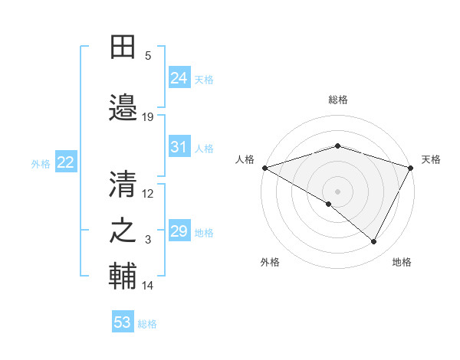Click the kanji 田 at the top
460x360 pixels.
tap(123, 47)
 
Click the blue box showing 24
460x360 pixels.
tap(179, 77)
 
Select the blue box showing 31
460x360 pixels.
tap(179, 147)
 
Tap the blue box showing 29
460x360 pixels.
tap(179, 231)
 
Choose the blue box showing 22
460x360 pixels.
tap(66, 162)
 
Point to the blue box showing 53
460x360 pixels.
tap(123, 322)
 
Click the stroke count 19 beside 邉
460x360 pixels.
tap(148, 116)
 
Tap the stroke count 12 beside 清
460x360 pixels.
tap(148, 193)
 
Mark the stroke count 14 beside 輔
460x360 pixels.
tap(148, 286)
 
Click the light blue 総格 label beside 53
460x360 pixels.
tap(147, 324)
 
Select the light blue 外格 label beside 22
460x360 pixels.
tap(41, 163)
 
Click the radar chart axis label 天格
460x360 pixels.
tap(431, 159)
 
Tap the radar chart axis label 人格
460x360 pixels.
tap(245, 159)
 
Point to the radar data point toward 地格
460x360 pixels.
tap(374, 241)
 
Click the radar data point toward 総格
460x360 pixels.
tap(337, 146)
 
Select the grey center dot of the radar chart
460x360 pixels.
tap(337, 191)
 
